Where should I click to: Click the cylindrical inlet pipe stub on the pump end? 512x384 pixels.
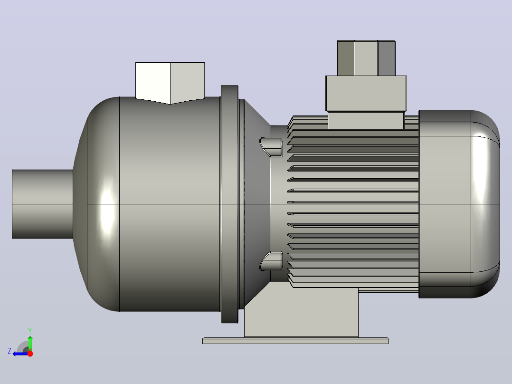(x=42, y=204)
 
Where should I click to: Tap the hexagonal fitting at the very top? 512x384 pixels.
(x=366, y=58)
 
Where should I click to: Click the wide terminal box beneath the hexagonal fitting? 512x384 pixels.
(x=366, y=94)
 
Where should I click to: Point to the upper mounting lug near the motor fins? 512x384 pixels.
(x=271, y=147)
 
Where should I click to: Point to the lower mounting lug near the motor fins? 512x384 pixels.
(x=271, y=261)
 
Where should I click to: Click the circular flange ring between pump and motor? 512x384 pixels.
(x=229, y=204)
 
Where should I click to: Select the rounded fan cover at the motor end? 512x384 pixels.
(x=459, y=204)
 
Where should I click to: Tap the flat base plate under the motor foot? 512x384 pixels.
(x=295, y=341)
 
